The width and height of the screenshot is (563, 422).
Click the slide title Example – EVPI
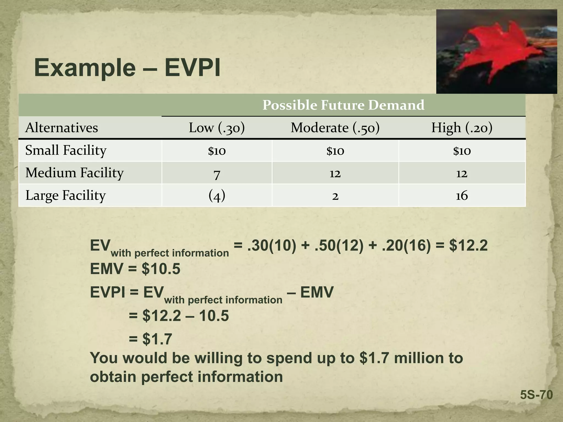tap(127, 68)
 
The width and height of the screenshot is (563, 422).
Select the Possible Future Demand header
tap(343, 105)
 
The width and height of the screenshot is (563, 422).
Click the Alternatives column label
tap(62, 128)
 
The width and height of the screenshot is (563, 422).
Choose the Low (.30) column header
tap(217, 128)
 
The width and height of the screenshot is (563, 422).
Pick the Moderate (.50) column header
tap(335, 128)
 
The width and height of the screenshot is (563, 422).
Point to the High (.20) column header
tap(462, 128)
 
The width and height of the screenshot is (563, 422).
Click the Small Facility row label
tap(66, 150)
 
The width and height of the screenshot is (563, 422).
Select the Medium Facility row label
tap(74, 173)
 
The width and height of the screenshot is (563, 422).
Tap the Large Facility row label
tap(65, 195)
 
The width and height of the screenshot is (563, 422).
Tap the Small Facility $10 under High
tap(462, 151)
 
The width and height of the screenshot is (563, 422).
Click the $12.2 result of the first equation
tap(468, 245)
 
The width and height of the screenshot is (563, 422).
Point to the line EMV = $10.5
tap(135, 269)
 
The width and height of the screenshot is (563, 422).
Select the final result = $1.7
tap(150, 339)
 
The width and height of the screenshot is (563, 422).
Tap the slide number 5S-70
tap(536, 395)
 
